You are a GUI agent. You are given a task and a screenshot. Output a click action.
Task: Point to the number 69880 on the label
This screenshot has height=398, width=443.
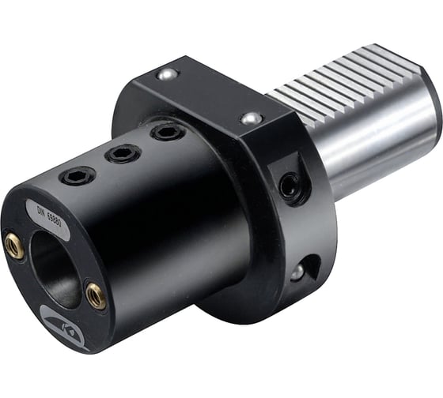click(56, 217)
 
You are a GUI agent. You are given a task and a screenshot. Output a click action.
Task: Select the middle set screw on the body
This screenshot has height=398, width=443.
click(123, 153)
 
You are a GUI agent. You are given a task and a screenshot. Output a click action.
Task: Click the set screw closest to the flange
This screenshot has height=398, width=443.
click(167, 131)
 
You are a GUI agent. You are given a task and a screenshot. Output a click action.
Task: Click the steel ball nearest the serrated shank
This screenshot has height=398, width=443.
click(252, 118)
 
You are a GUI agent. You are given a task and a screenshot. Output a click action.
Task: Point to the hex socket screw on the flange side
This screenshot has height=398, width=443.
click(290, 186)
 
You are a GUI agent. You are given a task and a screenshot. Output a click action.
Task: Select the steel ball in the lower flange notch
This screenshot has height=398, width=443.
click(297, 272)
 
